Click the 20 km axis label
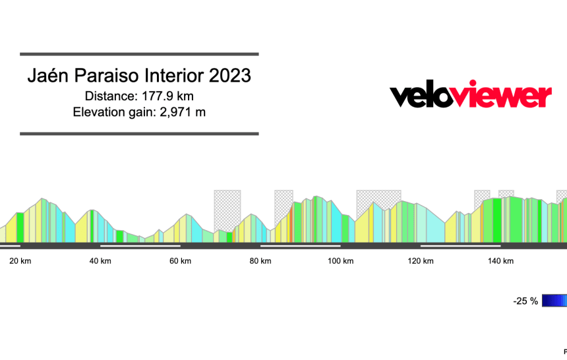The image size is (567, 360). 20,261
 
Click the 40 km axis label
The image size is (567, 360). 100,261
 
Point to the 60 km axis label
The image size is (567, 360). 180,261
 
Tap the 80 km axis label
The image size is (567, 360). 260,261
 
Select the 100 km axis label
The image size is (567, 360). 341,261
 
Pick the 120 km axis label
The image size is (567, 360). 421,261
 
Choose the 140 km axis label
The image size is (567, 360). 500,261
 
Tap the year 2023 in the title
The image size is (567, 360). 230,76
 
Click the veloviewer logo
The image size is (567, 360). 471,96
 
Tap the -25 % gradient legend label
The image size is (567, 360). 525,301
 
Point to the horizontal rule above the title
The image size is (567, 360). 139,54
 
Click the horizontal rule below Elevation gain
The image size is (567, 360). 139,134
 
